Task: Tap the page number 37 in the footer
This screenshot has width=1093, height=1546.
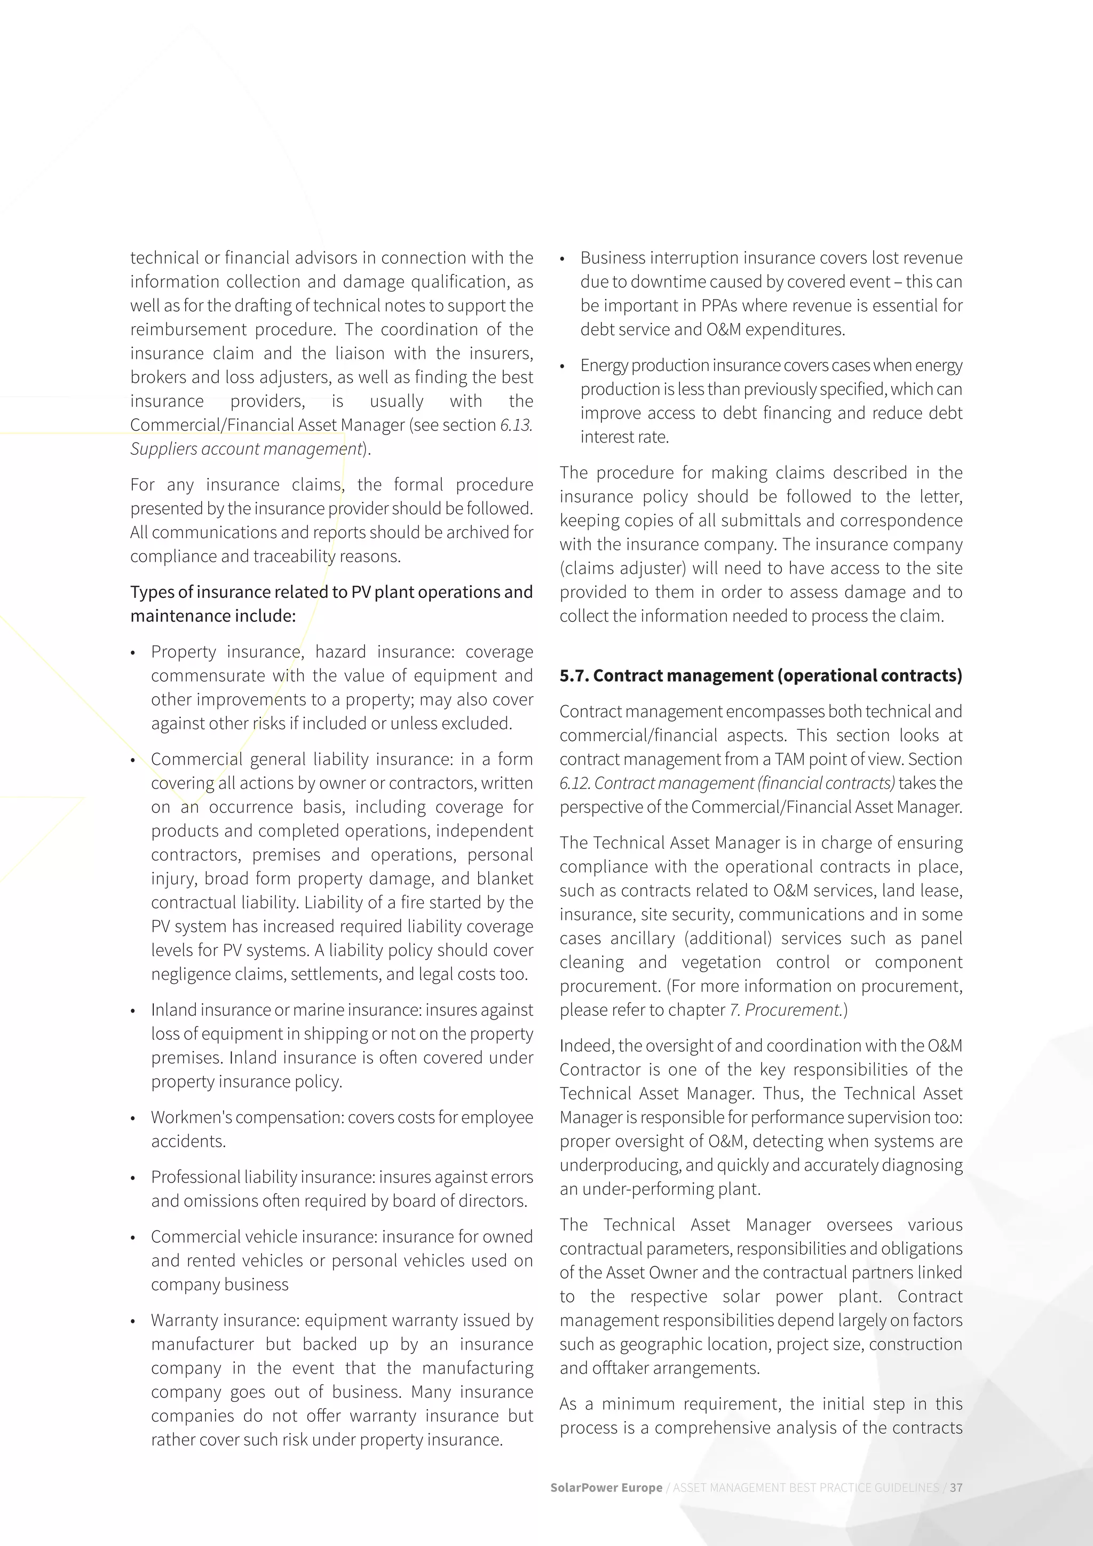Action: point(956,1487)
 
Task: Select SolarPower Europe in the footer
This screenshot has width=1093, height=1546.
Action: point(606,1487)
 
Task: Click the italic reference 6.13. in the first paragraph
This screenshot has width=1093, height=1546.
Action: point(516,425)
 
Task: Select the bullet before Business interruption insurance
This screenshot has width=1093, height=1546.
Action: point(563,258)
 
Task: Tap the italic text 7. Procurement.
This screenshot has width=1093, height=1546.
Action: point(786,1010)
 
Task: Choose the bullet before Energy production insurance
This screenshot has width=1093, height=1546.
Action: point(563,366)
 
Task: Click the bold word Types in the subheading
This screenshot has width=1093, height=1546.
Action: point(152,592)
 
